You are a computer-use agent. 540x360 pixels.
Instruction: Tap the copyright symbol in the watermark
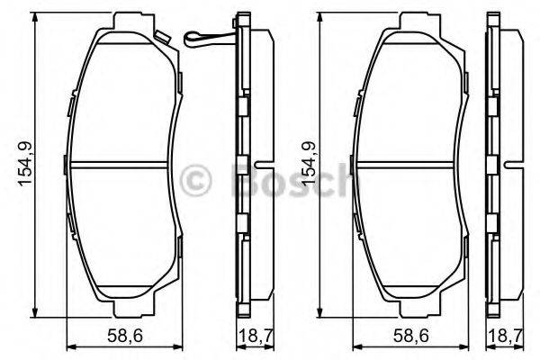(196, 180)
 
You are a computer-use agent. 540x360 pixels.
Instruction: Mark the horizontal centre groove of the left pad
(121, 165)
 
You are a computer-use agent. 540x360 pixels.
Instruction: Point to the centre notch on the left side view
(258, 166)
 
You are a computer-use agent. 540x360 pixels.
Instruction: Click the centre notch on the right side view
(510, 166)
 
